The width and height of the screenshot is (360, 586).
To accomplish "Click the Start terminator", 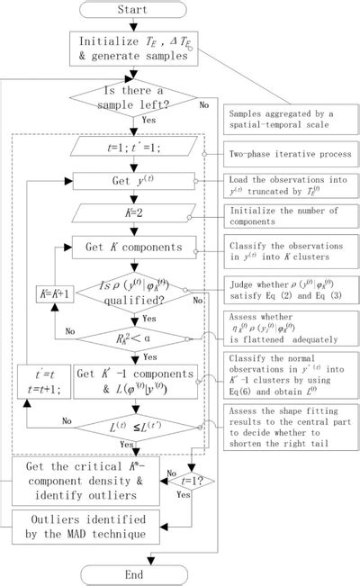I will [x=132, y=10].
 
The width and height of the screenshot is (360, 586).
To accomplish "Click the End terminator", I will [x=132, y=574].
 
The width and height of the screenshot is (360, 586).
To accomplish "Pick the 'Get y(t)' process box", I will [x=132, y=180].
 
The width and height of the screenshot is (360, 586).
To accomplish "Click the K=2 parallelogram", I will [x=132, y=214].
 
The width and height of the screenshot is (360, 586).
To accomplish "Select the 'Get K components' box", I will [x=132, y=247].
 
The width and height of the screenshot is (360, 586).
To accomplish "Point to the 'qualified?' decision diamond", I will [x=132, y=290].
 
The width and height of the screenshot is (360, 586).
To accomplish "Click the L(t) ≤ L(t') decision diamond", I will [x=132, y=422].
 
